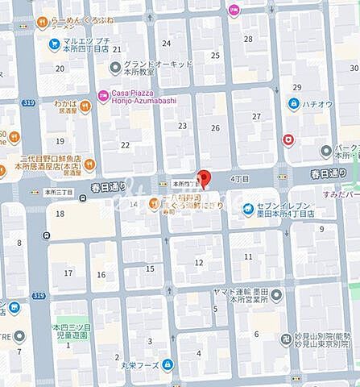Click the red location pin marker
[x=204, y=179]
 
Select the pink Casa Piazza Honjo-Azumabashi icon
[x=104, y=95]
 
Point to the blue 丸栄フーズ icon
[x=167, y=364]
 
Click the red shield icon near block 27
[x=288, y=139]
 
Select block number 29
[x=297, y=86]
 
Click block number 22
[x=125, y=144]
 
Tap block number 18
[x=60, y=214]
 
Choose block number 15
[x=150, y=268]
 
